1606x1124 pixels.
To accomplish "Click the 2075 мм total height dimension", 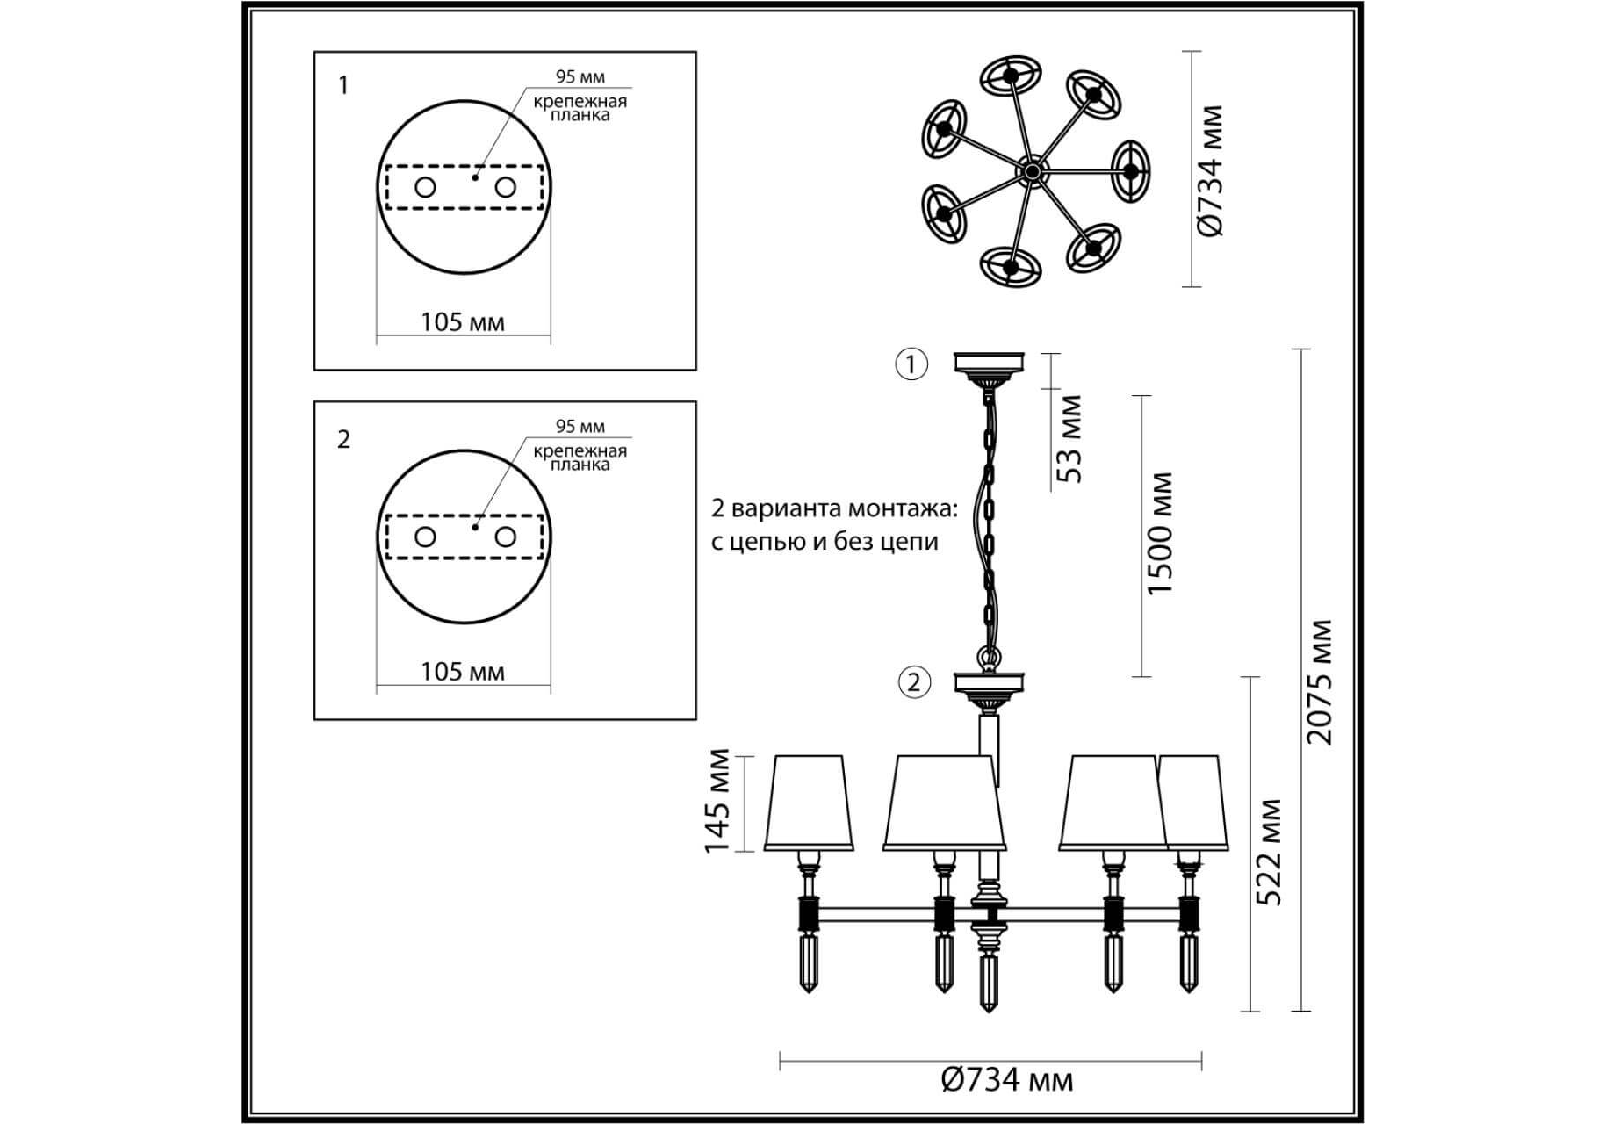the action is [1318, 682].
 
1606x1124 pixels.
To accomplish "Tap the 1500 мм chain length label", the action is [1159, 533].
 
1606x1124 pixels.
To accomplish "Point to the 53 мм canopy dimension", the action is [1069, 438].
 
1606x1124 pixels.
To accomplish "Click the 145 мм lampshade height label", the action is [717, 800].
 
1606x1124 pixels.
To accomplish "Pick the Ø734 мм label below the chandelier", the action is [1006, 1079].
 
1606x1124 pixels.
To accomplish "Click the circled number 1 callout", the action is [911, 364].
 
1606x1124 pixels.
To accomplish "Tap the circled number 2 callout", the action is [914, 681].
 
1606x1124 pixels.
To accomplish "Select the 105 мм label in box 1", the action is [463, 322].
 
